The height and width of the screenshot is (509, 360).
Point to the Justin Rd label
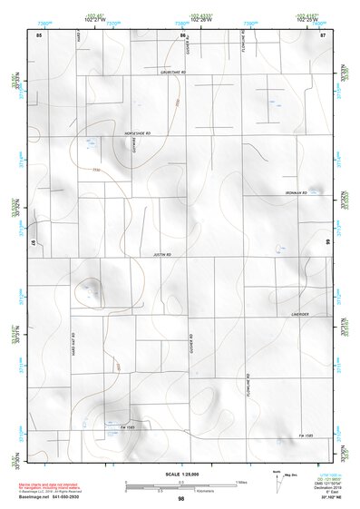click(x=162, y=256)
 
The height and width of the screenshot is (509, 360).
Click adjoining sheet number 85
click(x=38, y=34)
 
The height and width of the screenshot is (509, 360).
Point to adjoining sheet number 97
click(x=34, y=242)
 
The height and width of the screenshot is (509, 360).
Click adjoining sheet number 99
click(x=326, y=242)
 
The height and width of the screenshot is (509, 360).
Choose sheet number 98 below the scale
click(x=181, y=499)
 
